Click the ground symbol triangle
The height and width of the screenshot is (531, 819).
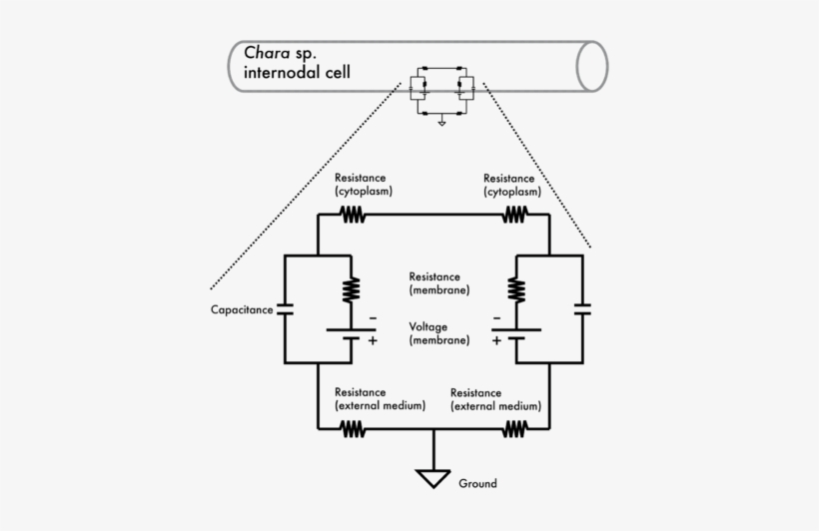(433, 477)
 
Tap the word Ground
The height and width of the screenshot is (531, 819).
(477, 484)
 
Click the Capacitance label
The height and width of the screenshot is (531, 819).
(241, 310)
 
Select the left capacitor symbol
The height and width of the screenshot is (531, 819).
(286, 310)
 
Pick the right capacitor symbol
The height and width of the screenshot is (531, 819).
(582, 310)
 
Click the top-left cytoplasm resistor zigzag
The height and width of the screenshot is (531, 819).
(352, 214)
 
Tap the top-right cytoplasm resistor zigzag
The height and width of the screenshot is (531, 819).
(514, 214)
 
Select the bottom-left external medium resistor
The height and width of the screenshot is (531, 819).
(352, 429)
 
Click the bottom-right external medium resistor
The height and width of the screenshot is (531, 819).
(514, 429)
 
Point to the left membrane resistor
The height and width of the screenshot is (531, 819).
(352, 289)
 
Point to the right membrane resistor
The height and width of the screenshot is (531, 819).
(515, 289)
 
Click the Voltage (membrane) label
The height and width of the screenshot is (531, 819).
(439, 333)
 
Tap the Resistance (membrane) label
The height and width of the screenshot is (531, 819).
(439, 283)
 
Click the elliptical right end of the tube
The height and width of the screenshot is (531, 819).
(592, 67)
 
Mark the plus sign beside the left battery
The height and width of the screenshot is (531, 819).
(373, 340)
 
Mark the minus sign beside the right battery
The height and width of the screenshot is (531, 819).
(496, 320)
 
